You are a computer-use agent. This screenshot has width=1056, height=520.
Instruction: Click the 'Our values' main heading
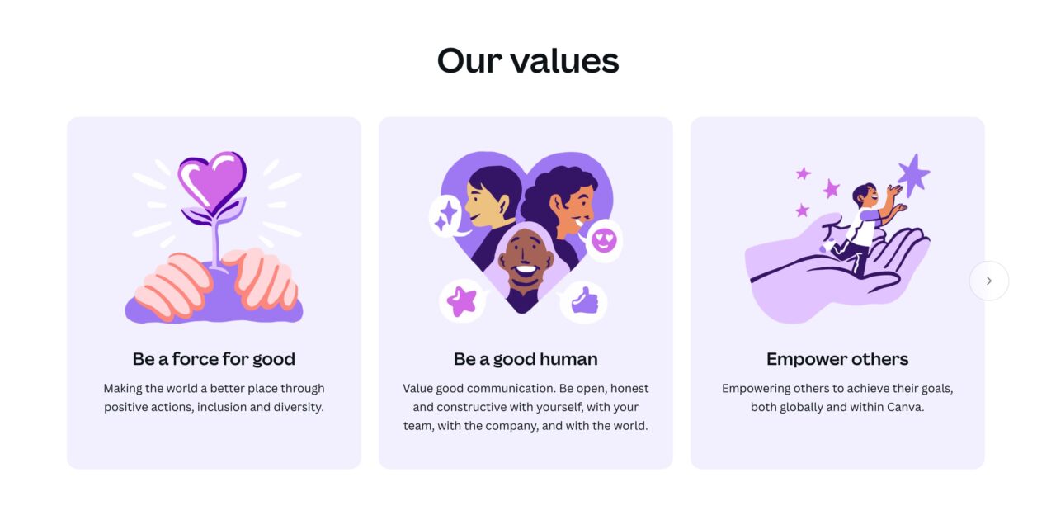[527, 61]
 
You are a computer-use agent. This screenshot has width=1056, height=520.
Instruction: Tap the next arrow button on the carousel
[989, 281]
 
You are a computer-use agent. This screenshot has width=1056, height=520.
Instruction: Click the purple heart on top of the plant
[212, 182]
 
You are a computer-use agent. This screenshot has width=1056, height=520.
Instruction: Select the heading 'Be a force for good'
[214, 359]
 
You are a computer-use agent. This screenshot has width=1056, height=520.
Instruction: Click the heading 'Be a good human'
[526, 359]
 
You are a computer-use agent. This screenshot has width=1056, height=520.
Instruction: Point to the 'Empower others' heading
[837, 359]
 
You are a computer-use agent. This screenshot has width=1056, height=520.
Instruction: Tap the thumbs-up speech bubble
[583, 301]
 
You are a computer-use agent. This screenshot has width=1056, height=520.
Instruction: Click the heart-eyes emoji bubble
[603, 241]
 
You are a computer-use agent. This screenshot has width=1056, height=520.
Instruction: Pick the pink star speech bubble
[463, 301]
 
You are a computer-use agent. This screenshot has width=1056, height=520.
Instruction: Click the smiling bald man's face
[526, 258]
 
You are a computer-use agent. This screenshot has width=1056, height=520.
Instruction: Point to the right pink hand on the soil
[261, 278]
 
